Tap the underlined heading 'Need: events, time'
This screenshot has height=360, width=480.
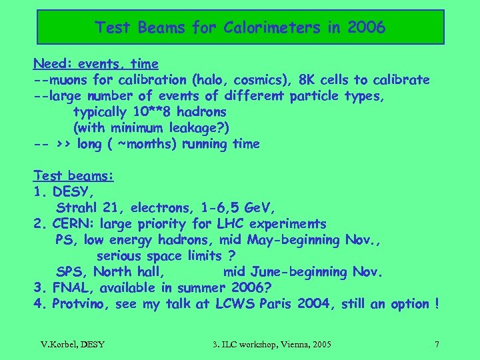[x=96, y=64]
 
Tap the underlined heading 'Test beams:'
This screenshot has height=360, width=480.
[x=73, y=176]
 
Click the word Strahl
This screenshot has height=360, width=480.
[x=78, y=208]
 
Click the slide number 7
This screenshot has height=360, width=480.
[x=437, y=345]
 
